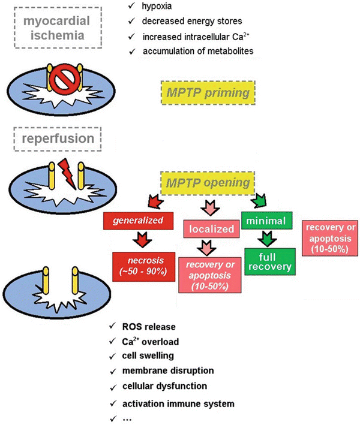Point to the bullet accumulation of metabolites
pyautogui.click(x=198, y=52)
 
